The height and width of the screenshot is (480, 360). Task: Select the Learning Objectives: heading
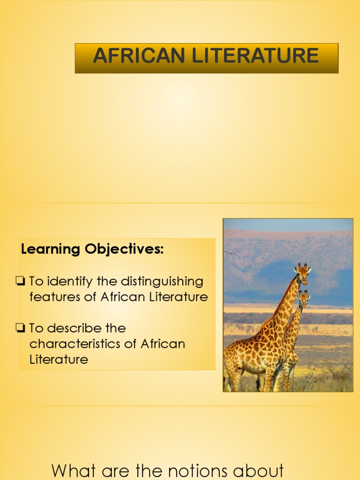pos(92,250)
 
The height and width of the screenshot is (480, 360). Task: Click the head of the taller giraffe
pos(303,272)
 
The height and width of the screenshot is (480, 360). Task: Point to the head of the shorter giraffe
pos(304,297)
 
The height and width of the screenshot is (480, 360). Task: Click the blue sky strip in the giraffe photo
pos(288,224)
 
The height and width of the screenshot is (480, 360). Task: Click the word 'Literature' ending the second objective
pos(59,360)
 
